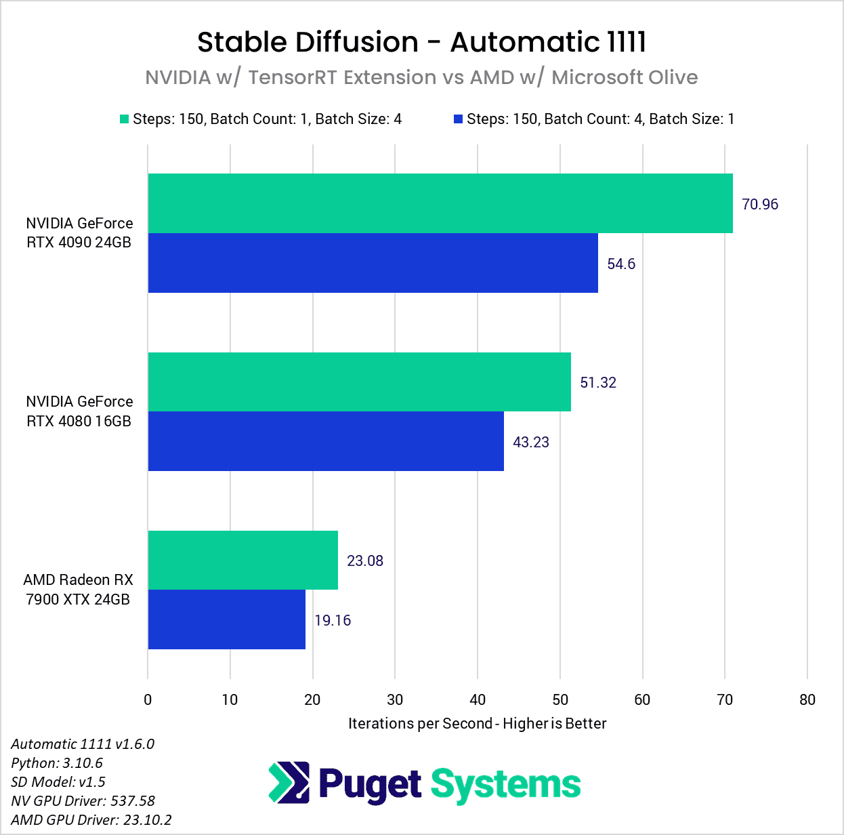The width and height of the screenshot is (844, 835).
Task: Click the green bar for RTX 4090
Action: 440,203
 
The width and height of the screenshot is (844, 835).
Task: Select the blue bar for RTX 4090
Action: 373,263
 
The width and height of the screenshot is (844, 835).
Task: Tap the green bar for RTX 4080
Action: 359,382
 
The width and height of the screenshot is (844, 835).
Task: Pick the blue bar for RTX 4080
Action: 326,441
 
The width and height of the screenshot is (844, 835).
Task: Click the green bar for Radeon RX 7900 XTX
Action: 242,560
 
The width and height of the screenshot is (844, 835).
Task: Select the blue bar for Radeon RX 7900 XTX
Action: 226,619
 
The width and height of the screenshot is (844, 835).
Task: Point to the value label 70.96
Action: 760,204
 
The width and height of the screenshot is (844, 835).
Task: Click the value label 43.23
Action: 531,442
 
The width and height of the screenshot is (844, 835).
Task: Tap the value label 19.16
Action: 333,620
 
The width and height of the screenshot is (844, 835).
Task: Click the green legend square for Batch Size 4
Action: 124,119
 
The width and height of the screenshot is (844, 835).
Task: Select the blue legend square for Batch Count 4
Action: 458,119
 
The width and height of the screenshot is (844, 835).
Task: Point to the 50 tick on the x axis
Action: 560,699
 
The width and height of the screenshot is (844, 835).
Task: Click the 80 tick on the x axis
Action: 807,699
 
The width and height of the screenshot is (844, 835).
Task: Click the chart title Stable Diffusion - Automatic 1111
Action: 421,42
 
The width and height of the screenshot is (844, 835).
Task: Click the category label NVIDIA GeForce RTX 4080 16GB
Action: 79,411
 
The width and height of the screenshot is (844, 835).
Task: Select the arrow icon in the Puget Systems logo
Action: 289,783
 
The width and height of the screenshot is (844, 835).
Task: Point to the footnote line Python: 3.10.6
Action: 57,762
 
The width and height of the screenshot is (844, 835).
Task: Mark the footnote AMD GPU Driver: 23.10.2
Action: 91,819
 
